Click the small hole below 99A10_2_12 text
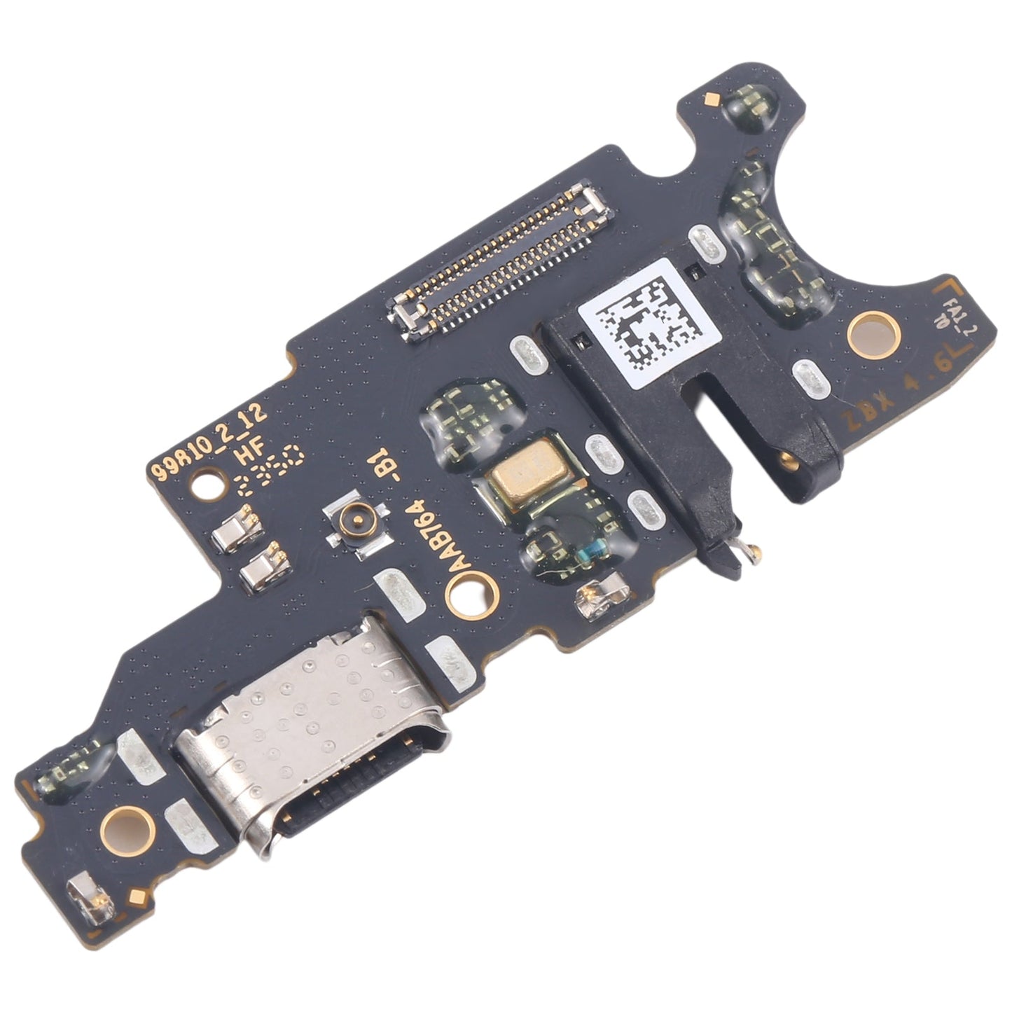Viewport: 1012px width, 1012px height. pos(207,484)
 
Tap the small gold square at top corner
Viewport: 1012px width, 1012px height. pos(712,99)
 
